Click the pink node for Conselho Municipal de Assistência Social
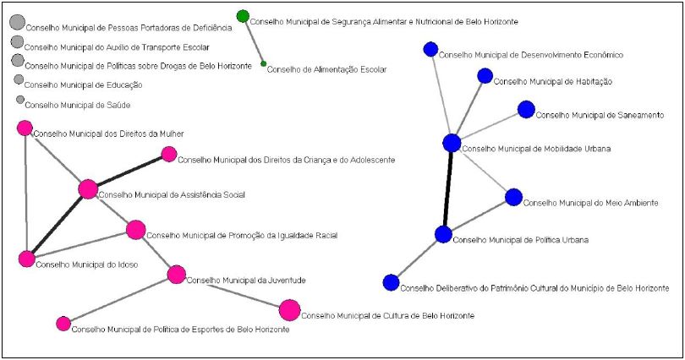click(x=88, y=189)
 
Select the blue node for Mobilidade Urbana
click(x=452, y=144)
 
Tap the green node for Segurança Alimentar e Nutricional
click(x=243, y=16)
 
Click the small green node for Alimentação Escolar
click(x=263, y=63)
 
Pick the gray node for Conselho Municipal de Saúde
click(x=19, y=100)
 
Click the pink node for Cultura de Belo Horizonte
click(x=289, y=310)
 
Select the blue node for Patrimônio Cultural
click(x=391, y=282)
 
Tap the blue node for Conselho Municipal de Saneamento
click(x=526, y=109)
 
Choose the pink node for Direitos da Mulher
click(x=25, y=128)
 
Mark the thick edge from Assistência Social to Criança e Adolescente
click(x=129, y=172)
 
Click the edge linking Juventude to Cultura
click(x=233, y=292)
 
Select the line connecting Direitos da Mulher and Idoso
click(x=25, y=194)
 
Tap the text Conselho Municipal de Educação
click(x=83, y=85)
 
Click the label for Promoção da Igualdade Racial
click(x=242, y=236)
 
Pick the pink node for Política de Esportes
click(x=63, y=323)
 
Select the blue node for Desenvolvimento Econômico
click(x=430, y=50)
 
